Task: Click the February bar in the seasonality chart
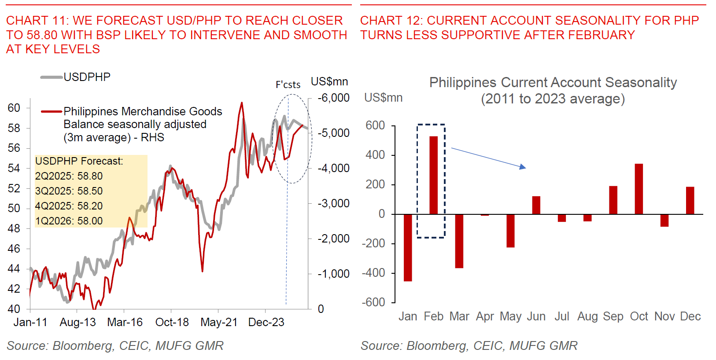pyautogui.click(x=433, y=175)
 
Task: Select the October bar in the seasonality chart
pyautogui.click(x=638, y=189)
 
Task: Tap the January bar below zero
pyautogui.click(x=408, y=247)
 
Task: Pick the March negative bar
pyautogui.click(x=459, y=241)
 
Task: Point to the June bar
pyautogui.click(x=536, y=205)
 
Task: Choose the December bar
pyautogui.click(x=690, y=201)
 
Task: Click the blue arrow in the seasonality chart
pyautogui.click(x=488, y=158)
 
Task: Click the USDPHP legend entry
pyautogui.click(x=87, y=77)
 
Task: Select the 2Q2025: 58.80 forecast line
pyautogui.click(x=69, y=176)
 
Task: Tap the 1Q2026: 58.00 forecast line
pyautogui.click(x=69, y=221)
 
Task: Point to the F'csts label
pyautogui.click(x=288, y=84)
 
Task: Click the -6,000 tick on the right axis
pyautogui.click(x=334, y=98)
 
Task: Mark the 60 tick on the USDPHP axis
pyautogui.click(x=14, y=108)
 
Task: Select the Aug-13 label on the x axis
pyautogui.click(x=78, y=322)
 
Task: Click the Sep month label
pyautogui.click(x=613, y=316)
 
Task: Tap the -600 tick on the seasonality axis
pyautogui.click(x=373, y=302)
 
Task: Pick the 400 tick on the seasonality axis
pyautogui.click(x=375, y=155)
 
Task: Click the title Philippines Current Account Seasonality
pyautogui.click(x=553, y=83)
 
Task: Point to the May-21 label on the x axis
pyautogui.click(x=219, y=322)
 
